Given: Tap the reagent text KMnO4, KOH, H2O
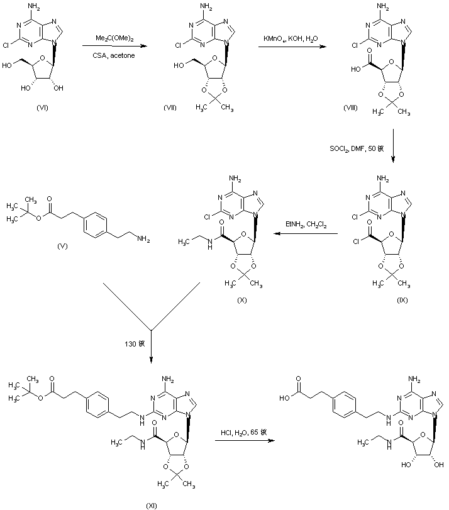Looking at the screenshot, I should [x=292, y=40].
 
